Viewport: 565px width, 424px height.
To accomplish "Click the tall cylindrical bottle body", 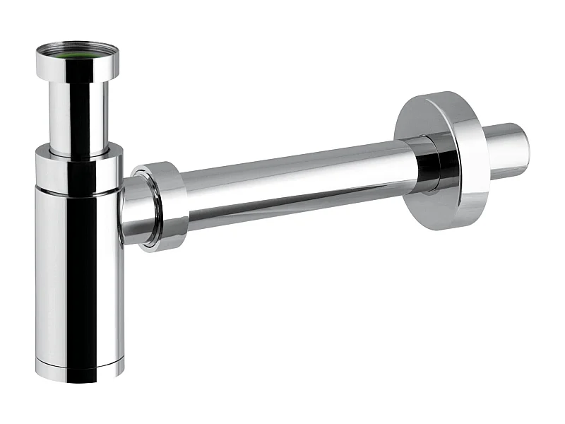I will (78, 276).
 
